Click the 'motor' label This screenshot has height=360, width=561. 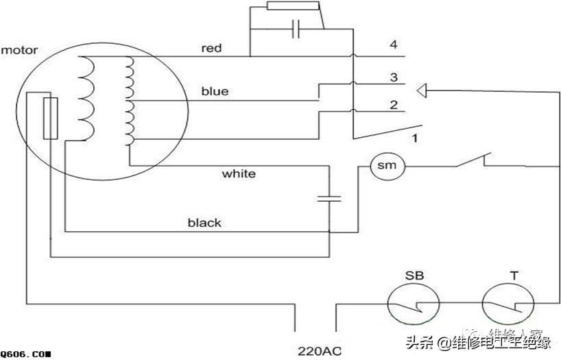pos(19,50)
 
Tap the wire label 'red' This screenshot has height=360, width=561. pos(211,48)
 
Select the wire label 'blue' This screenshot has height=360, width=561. pos(215,91)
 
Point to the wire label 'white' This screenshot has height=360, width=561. pos(239,173)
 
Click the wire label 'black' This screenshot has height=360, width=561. pos(204,222)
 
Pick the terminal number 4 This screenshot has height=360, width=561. pos(394,45)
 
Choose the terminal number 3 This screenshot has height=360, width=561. pos(394,77)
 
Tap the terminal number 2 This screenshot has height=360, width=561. pos(394,105)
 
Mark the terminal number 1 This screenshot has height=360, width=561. pos(414,139)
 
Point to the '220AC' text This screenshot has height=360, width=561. pos(320,352)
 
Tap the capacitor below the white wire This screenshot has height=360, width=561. pos(330,199)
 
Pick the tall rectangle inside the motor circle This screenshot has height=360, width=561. pos(50,118)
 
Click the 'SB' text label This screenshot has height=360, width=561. pos(414,276)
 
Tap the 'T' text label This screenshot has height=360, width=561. pos(513,276)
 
